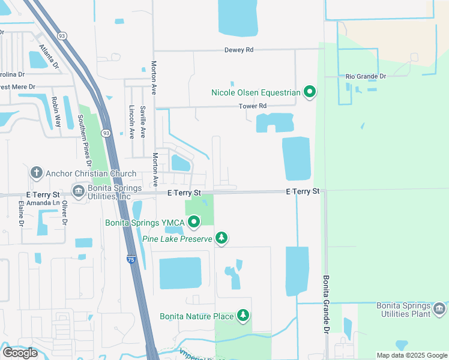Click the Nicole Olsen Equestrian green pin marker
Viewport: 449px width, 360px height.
coord(310,92)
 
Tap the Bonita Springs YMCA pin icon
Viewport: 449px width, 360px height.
coord(194,223)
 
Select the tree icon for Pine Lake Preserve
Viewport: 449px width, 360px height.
coord(221,239)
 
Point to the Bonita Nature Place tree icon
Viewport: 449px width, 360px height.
coord(243,315)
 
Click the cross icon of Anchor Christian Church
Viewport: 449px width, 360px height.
coord(36,173)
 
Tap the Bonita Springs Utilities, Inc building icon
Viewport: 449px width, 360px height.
coord(78,191)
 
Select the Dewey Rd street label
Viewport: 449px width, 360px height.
coord(239,50)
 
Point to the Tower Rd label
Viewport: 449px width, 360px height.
coord(252,106)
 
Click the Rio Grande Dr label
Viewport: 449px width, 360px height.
coord(366,76)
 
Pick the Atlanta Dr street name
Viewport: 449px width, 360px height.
coord(49,55)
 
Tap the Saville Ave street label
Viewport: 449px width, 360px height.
coord(143,122)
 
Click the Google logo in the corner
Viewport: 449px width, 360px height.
coord(20,353)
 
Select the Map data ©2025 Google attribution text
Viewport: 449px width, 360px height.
coord(411,355)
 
